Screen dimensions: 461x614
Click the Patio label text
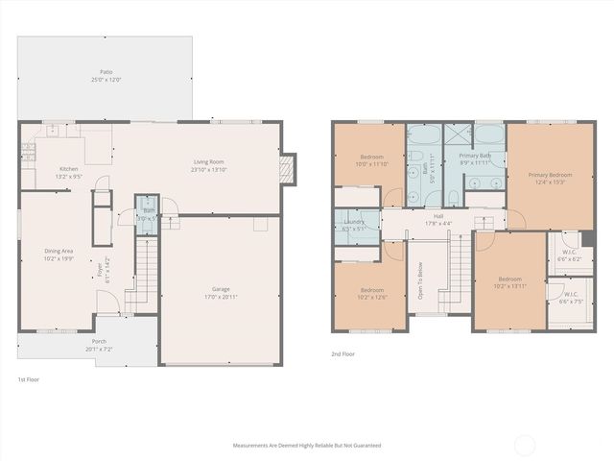coord(106,72)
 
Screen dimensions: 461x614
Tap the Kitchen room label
coord(69,169)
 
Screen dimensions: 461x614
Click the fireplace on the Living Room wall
coord(284,170)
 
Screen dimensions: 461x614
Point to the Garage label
coord(222,289)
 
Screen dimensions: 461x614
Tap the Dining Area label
coord(59,252)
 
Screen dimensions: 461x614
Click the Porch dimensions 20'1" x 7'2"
coord(100,349)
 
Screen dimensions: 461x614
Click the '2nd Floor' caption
coord(343,354)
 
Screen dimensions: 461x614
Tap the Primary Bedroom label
coord(550,175)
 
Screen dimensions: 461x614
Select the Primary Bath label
coord(475,156)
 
